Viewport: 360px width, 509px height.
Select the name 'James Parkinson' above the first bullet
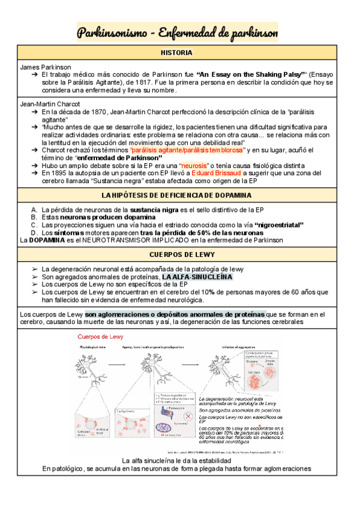(46, 67)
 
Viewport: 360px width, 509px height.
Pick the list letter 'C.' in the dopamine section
(34, 224)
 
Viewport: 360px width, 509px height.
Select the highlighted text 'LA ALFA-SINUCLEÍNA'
(198, 277)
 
